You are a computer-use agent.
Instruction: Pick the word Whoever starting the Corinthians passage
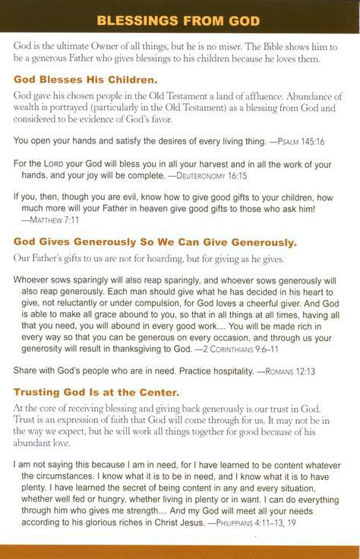click(x=33, y=279)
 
